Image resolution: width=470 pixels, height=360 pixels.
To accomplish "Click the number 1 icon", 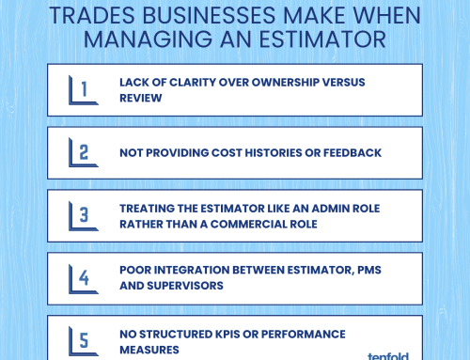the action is [84, 89].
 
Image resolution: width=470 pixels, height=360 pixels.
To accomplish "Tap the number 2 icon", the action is [84, 152].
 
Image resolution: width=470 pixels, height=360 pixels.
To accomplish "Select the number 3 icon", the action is [84, 215].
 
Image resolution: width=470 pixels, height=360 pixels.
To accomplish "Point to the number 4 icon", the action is [84, 278].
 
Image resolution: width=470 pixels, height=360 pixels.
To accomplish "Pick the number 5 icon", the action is [84, 341].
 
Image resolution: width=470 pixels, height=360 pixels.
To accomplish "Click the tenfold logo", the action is [388, 356].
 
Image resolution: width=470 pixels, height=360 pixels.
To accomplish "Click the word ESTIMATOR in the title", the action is [322, 39].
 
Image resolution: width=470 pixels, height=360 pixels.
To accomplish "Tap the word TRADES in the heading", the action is [92, 15].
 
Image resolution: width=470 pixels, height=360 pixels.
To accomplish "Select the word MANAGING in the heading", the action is [148, 39].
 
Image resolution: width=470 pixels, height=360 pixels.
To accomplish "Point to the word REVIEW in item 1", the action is [141, 98].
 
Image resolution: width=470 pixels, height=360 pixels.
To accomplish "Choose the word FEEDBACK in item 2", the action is [352, 153].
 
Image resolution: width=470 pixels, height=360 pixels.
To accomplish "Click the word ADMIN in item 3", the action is [330, 209].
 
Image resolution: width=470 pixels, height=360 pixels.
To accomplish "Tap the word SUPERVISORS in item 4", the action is [185, 286].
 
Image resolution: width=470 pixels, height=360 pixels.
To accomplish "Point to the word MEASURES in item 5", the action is [149, 350].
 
